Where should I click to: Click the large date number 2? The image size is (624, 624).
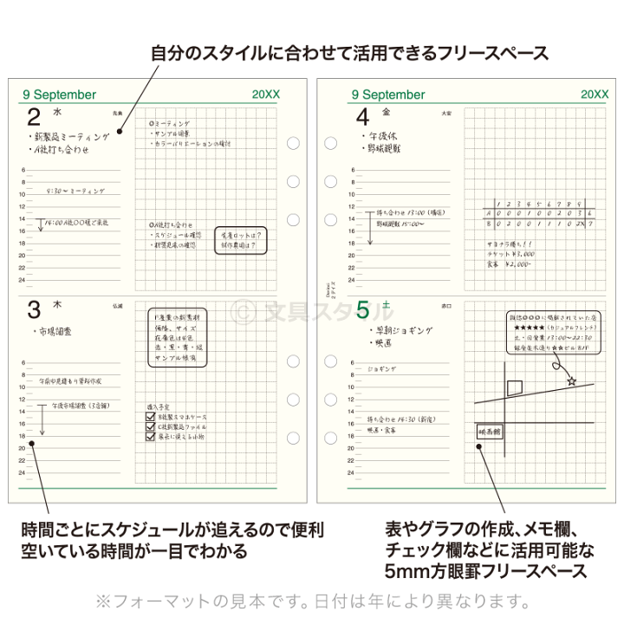point(34,120)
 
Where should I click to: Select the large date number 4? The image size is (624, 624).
point(362,120)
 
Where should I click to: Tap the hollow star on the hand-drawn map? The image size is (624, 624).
point(571,380)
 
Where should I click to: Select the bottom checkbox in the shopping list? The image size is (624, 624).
point(151,438)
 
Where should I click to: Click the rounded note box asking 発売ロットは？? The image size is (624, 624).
point(239,239)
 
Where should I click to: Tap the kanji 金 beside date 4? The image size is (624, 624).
point(387,113)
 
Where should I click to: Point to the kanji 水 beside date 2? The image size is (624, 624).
point(57,113)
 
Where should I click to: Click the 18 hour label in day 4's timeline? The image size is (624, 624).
point(350,244)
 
